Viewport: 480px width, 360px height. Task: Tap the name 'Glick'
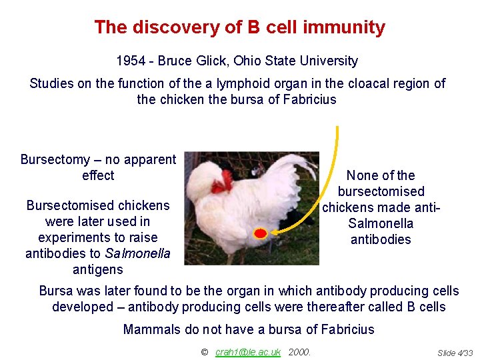tap(213, 61)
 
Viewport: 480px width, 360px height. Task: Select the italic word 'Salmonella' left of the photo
tap(138, 253)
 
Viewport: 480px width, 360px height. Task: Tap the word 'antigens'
tap(98, 269)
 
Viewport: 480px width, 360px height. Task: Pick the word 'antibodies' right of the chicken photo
tap(381, 239)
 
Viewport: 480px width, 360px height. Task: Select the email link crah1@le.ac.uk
tap(248, 352)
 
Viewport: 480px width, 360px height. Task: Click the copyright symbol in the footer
tap(204, 352)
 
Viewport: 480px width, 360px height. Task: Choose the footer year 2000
tap(300, 352)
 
